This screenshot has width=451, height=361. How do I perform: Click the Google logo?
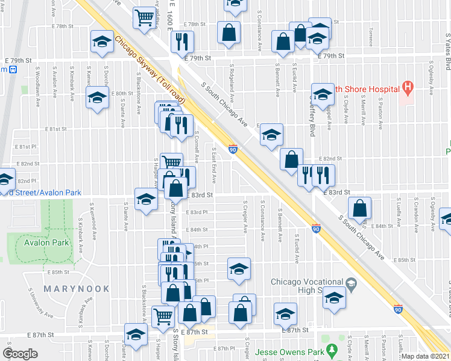pos(20,354)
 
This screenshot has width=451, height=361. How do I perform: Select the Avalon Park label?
pos(47,243)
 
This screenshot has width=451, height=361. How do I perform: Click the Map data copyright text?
pos(425,356)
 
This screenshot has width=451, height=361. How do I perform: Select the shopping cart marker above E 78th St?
pos(144,18)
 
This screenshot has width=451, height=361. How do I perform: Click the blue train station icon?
pos(12,69)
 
